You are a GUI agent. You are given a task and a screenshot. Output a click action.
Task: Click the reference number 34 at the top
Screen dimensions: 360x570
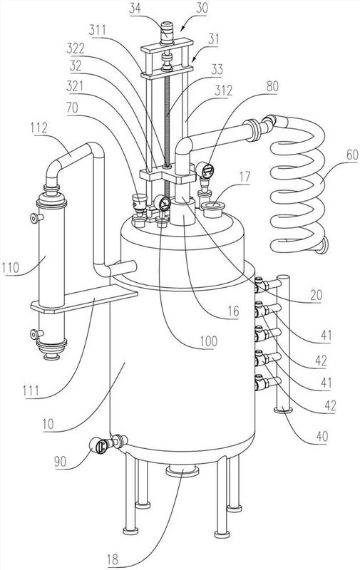coord(135,8)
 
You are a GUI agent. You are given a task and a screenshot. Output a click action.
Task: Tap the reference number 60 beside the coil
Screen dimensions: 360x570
coord(352,155)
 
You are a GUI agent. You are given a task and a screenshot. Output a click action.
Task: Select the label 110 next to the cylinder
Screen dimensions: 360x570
coord(10,268)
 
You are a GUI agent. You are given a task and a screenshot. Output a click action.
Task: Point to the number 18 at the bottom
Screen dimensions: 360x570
coord(113,559)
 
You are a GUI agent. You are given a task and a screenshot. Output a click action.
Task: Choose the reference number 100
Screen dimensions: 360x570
coord(209,341)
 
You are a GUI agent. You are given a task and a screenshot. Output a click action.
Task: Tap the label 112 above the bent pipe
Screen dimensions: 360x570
coord(39,128)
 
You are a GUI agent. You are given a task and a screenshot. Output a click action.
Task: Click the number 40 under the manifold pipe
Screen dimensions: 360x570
coord(322,436)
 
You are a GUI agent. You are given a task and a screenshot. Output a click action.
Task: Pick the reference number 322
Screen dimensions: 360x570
coord(76,48)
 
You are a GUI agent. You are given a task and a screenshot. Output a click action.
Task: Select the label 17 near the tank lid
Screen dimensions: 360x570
coord(245,177)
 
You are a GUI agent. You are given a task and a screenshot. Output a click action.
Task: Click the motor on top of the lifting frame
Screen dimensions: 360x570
coord(167,33)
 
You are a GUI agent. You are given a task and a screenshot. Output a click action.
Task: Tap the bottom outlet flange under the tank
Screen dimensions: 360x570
coord(182,472)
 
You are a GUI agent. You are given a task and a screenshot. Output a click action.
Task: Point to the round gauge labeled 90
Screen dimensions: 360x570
coord(98,445)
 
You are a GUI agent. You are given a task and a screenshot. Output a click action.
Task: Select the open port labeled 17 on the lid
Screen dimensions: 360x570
coord(213,209)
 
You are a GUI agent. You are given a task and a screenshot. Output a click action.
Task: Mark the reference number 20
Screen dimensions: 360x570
coord(316,295)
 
